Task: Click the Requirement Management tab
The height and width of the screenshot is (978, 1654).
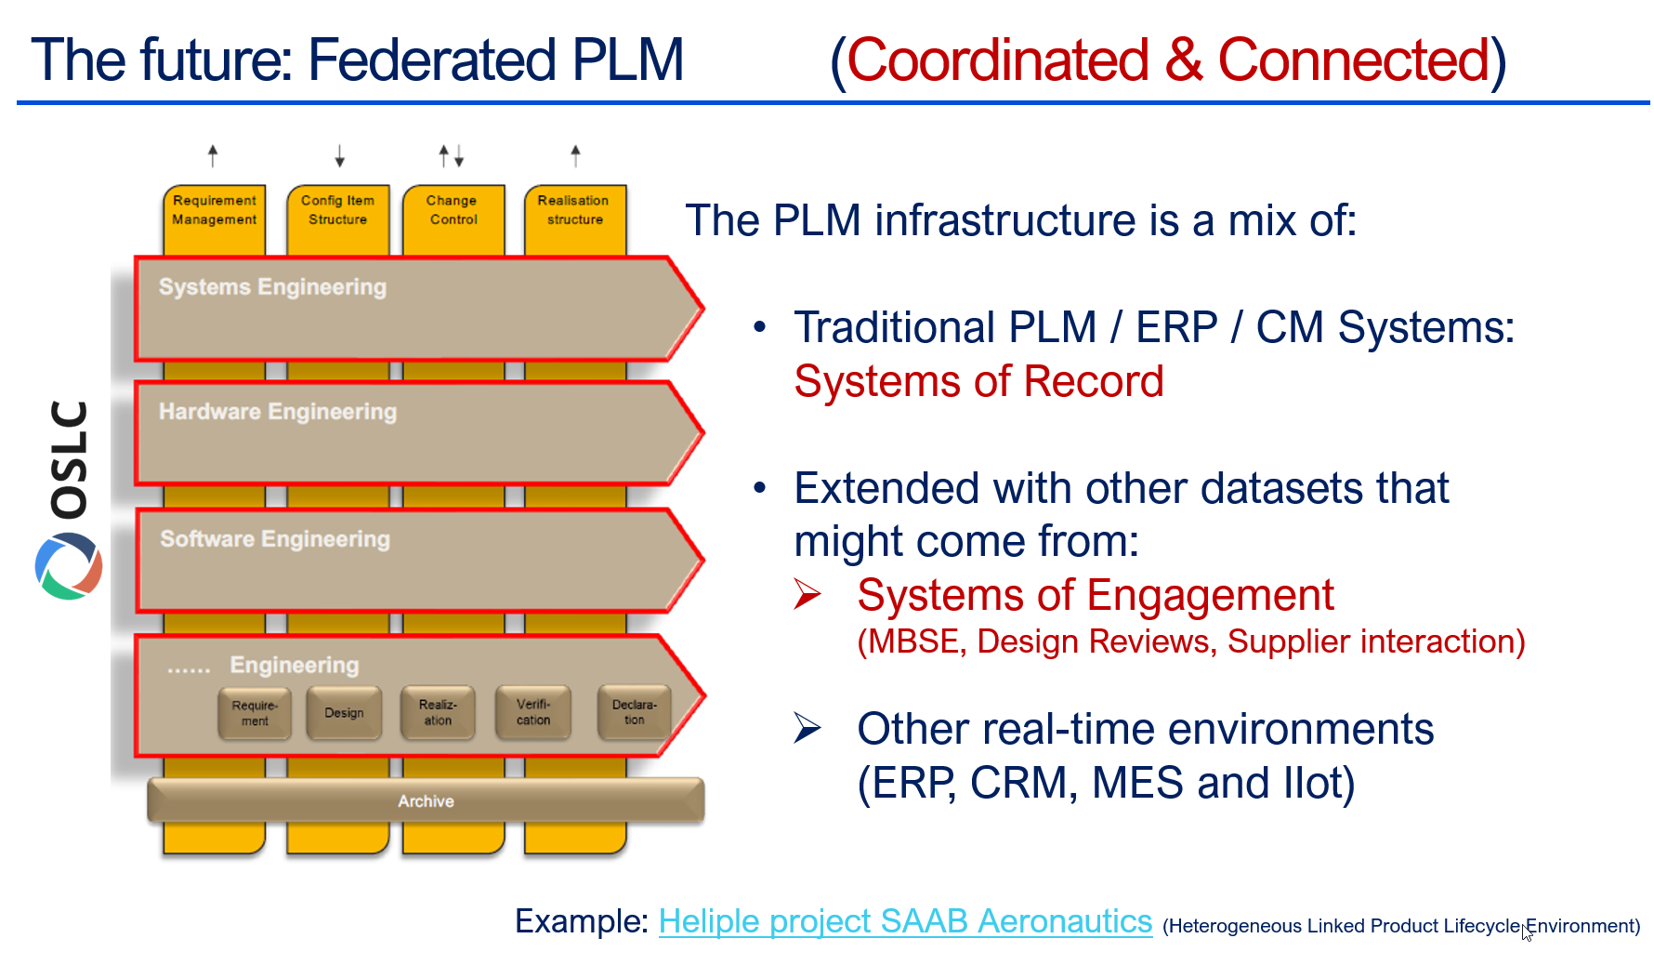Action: tap(215, 211)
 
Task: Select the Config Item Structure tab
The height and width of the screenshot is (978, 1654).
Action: tap(337, 211)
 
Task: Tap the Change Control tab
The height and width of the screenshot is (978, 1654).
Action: tap(453, 211)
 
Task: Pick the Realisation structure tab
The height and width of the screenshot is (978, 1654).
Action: tap(574, 211)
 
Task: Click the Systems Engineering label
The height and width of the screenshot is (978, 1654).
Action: tap(272, 287)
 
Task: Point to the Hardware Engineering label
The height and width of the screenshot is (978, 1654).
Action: tap(278, 412)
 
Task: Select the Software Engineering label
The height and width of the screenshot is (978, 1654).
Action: tap(275, 539)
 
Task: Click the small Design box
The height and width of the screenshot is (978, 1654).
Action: tap(344, 713)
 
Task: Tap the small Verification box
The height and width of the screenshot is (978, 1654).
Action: tap(533, 713)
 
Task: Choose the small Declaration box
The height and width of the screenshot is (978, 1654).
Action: tap(634, 713)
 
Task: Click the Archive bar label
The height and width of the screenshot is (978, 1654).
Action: tap(426, 801)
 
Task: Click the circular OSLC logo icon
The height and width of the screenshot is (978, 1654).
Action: tap(69, 566)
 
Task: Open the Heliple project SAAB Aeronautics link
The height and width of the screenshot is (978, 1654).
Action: tap(905, 921)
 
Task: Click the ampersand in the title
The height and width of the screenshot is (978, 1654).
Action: tap(1183, 61)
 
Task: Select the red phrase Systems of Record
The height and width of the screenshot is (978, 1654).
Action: tap(978, 382)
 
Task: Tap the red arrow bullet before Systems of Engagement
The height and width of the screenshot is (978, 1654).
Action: tap(807, 595)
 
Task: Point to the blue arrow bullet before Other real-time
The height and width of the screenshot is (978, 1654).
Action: tap(807, 729)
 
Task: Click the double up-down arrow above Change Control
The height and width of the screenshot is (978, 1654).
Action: tap(452, 156)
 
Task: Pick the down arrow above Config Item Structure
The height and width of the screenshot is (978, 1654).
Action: tap(340, 156)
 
